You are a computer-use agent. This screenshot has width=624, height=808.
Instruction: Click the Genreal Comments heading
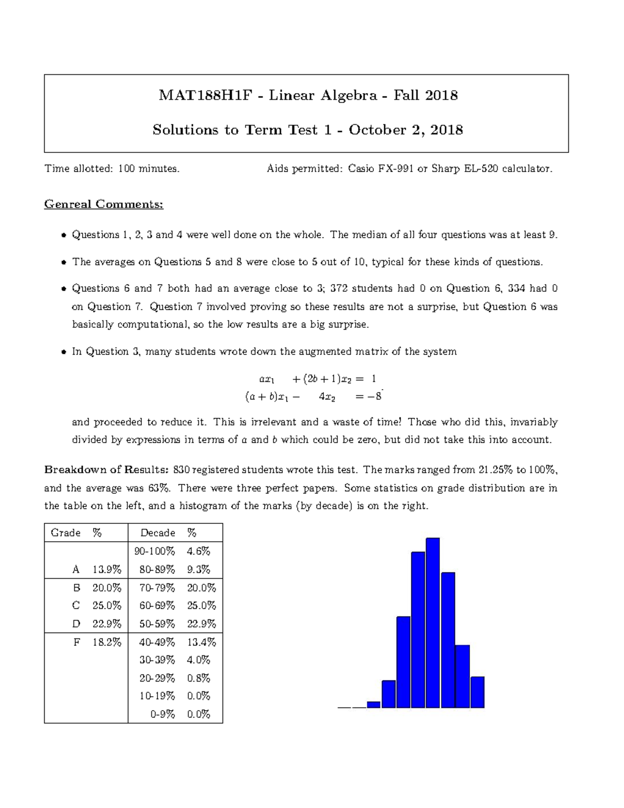(x=103, y=204)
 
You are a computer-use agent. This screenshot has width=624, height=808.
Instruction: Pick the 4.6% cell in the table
(x=198, y=551)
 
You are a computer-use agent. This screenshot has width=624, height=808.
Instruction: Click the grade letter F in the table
(x=76, y=642)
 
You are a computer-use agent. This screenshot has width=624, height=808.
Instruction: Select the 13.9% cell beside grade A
(x=107, y=570)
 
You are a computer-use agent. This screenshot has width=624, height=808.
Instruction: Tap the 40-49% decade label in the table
(x=157, y=642)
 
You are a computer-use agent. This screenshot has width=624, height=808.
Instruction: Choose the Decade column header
(x=158, y=533)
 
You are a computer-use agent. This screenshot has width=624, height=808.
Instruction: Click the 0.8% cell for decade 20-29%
(x=198, y=678)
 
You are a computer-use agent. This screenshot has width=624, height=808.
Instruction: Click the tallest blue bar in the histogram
(x=433, y=623)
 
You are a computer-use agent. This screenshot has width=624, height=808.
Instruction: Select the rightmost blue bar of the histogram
(x=477, y=692)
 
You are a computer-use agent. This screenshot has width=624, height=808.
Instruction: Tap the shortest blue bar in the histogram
(x=373, y=704)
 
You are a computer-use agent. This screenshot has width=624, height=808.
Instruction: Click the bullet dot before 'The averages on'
(x=63, y=262)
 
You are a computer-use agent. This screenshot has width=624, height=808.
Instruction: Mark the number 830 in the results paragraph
(x=181, y=470)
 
